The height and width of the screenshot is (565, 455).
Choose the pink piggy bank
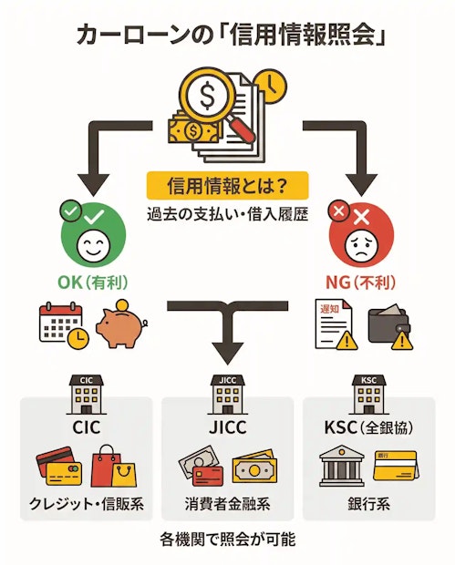pyautogui.click(x=119, y=326)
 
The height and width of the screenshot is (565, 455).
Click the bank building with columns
pyautogui.click(x=341, y=466)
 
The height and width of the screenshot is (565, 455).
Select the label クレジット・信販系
pyautogui.click(x=87, y=505)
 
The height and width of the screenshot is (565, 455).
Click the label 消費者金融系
pyautogui.click(x=227, y=505)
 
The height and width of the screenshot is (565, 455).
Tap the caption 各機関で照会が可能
pyautogui.click(x=227, y=539)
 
